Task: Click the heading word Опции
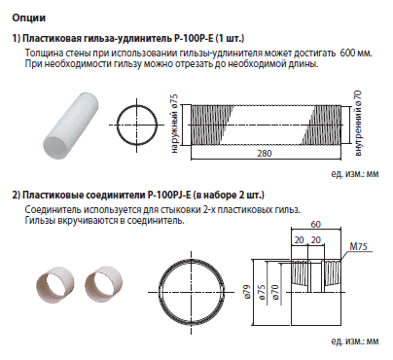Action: (x=29, y=18)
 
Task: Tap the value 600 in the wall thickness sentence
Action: (x=348, y=53)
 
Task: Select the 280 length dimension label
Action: (x=265, y=153)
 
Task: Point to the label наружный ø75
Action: (x=174, y=124)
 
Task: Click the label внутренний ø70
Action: (x=358, y=124)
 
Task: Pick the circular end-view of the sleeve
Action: (x=136, y=125)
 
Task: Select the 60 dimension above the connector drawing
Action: (x=315, y=224)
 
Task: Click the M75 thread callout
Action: (x=358, y=246)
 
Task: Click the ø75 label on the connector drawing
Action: (x=261, y=292)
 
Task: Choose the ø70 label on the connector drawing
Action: (x=274, y=292)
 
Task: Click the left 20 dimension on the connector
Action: (x=299, y=240)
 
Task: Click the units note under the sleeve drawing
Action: (x=355, y=174)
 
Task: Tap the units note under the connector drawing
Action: (x=355, y=342)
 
